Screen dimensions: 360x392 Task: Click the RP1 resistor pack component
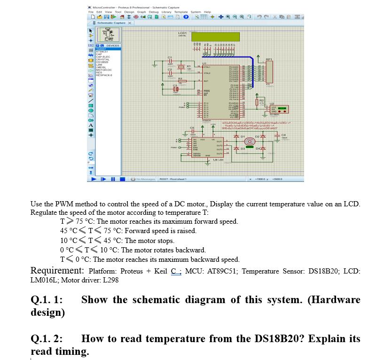point(269,70)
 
